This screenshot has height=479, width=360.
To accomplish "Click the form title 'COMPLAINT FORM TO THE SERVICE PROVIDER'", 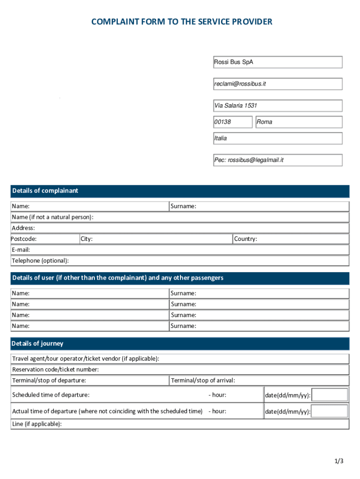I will point(181,22).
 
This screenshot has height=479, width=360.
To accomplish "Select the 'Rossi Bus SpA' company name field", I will point(278,62).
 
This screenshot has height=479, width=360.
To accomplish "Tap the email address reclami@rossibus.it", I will point(278,84).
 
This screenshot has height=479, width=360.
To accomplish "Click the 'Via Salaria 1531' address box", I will point(278,106).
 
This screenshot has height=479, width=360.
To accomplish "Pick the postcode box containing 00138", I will point(232,122).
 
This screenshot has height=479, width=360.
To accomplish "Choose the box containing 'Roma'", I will point(298,122).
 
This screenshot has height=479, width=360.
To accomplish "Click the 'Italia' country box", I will point(278,138).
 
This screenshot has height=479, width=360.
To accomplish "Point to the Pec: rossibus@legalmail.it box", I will point(278,160).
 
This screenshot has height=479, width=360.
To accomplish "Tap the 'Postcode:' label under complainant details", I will point(24,239).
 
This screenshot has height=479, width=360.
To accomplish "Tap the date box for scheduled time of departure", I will point(330,395).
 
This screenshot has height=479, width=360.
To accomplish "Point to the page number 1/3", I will point(339,461).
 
